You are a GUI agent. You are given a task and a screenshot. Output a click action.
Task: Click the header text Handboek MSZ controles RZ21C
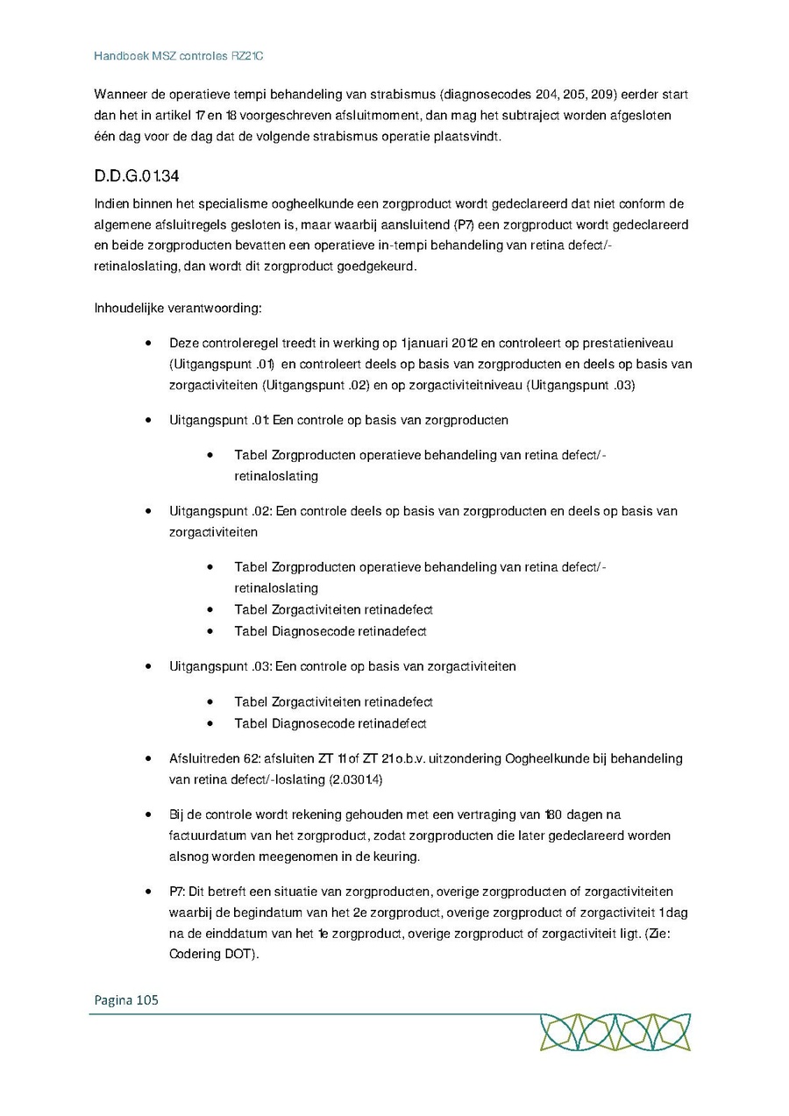coord(179,56)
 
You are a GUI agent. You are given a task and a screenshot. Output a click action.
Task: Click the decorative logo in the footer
coord(615,1032)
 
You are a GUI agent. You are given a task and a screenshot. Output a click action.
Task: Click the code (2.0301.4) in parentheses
coord(356,779)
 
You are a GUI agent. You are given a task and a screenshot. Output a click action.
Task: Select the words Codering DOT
coord(209,955)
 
